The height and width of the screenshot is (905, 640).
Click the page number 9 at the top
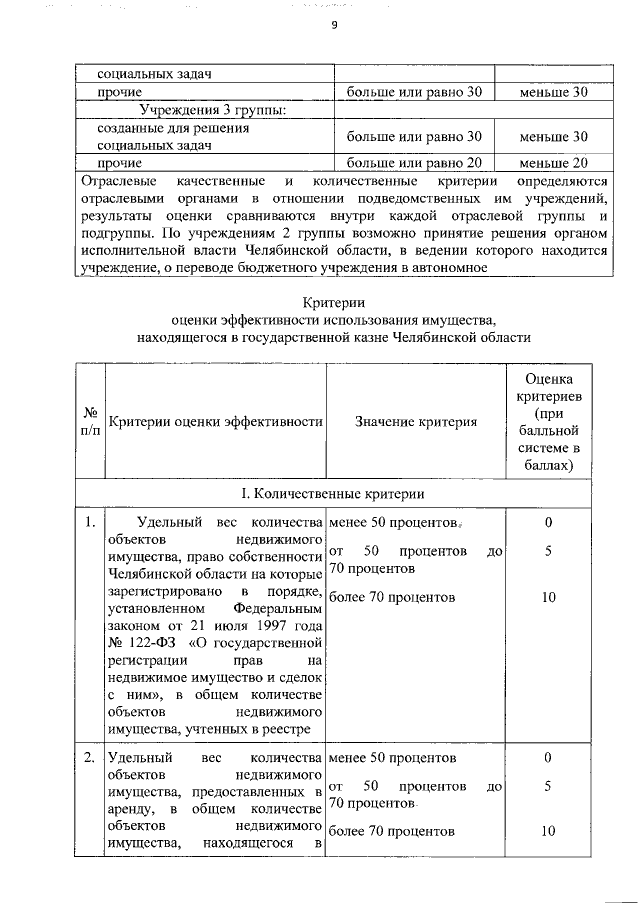(333, 27)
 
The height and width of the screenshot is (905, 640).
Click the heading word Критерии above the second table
(333, 302)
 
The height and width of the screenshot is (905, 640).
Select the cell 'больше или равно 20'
(414, 162)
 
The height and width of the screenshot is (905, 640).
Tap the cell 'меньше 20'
(553, 162)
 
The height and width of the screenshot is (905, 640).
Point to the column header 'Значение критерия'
(416, 422)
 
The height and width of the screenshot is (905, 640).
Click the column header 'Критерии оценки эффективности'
(215, 422)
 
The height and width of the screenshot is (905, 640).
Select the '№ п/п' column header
(90, 421)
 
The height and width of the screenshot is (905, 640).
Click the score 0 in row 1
(548, 522)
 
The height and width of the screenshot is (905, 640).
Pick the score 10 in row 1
(548, 597)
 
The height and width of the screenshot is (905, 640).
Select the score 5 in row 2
(548, 786)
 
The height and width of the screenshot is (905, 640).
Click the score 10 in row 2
(548, 831)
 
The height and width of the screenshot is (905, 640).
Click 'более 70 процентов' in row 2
(392, 831)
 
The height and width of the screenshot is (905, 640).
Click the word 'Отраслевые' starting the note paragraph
(118, 181)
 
